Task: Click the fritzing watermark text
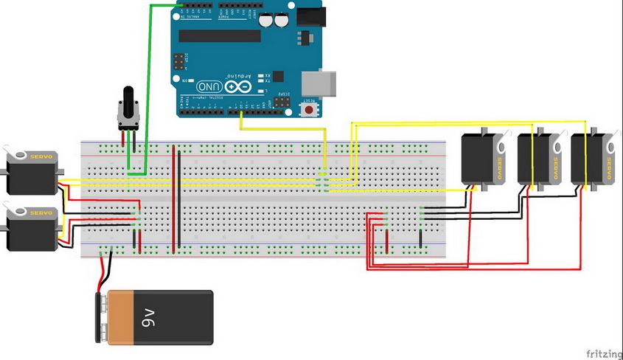(x=600, y=353)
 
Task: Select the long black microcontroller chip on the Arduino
(x=220, y=35)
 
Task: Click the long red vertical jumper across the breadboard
(x=175, y=199)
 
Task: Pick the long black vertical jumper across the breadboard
(x=179, y=199)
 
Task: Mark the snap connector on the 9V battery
(x=102, y=317)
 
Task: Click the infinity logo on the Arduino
(x=237, y=87)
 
